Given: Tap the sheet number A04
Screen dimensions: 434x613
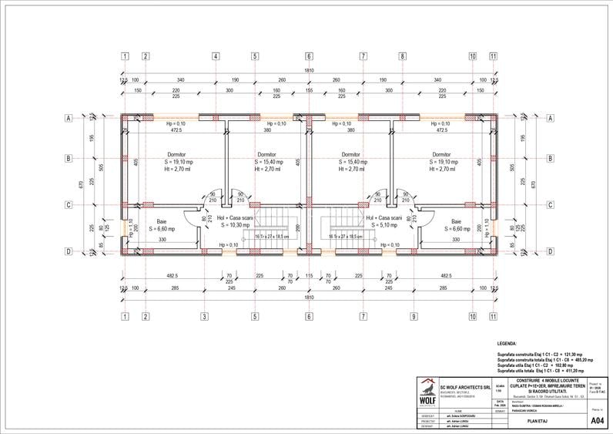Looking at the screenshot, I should click(596, 421).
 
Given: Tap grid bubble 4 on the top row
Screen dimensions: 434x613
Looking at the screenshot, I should click(215, 57).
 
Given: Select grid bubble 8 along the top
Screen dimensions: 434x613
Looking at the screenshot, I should click(402, 57).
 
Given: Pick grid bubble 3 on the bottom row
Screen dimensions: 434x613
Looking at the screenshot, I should click(204, 316).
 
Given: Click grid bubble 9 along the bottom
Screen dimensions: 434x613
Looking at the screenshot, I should click(414, 316).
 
